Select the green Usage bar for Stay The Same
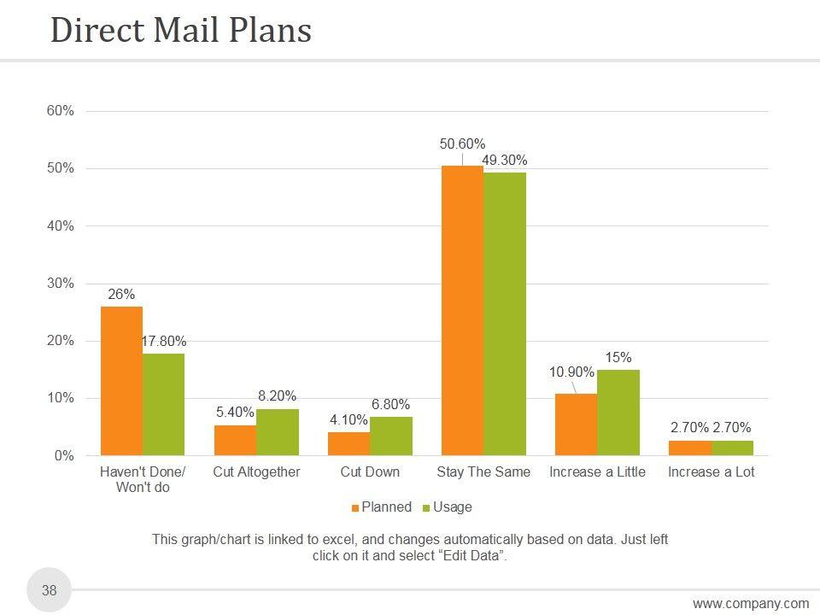pos(505,313)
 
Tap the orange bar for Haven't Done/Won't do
pos(121,381)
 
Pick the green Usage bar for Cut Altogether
pos(278,432)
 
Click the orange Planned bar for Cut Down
pos(348,444)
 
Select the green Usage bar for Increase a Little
pos(618,413)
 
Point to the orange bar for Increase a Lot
pos(689,448)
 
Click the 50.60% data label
pos(463,144)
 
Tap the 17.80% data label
pos(164,342)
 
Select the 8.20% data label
pos(277,396)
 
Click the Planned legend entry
pos(381,507)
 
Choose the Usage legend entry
pos(447,507)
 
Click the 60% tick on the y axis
pos(60,111)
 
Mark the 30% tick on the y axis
pos(60,284)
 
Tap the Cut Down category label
pos(370,471)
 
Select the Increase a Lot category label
pos(711,471)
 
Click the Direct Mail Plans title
pos(181,31)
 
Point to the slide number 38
pos(50,590)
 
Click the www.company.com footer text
pos(750,604)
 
